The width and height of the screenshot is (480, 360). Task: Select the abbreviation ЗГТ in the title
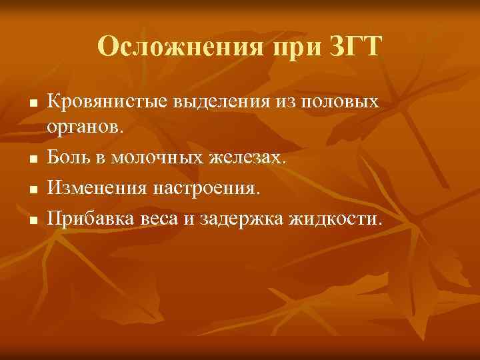click(356, 48)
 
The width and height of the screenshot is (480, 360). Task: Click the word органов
click(85, 127)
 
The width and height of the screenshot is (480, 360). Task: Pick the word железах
click(249, 158)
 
